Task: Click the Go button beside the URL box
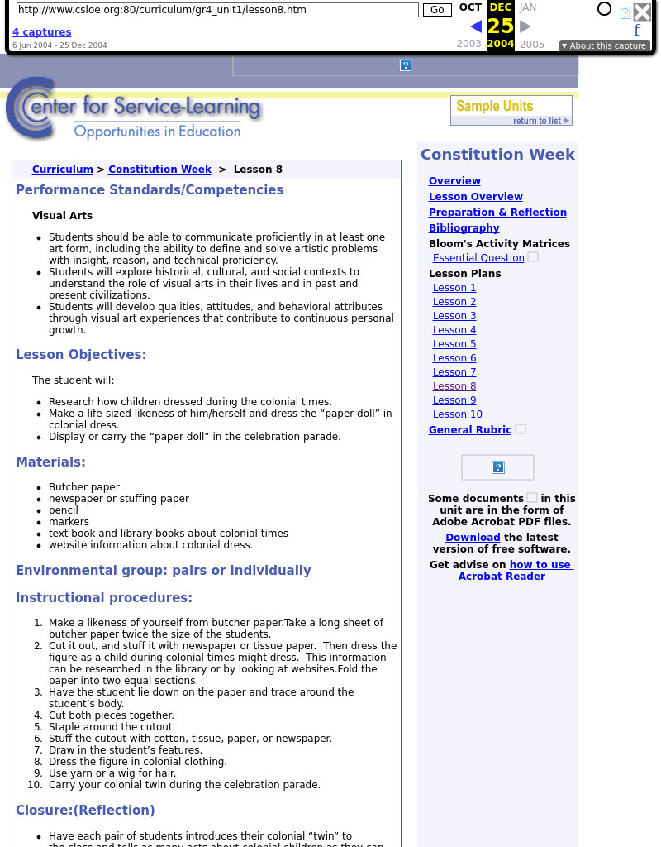pos(437,10)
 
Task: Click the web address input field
pos(217,10)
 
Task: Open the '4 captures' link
pos(41,32)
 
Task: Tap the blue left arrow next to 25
pos(476,26)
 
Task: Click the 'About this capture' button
pos(603,45)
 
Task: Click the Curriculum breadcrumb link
pos(62,170)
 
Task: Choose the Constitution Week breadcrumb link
pos(159,170)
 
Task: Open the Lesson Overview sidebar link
pos(475,197)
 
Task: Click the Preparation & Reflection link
pos(497,213)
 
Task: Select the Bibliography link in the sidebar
pos(464,228)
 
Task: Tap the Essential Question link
pos(478,258)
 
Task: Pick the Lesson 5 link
pos(454,344)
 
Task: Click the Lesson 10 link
pos(457,414)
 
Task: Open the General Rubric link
pos(469,430)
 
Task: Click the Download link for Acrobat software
pos(473,538)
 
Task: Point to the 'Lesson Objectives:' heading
pos(81,355)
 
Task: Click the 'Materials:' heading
pos(50,462)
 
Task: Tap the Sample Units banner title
pos(494,106)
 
